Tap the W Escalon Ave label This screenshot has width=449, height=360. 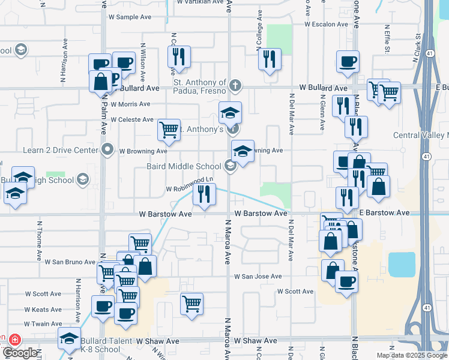click(326, 25)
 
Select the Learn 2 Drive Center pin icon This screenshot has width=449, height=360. click(108, 148)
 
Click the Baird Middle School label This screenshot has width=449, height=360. click(184, 166)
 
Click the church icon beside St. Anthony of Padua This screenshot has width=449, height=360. click(235, 85)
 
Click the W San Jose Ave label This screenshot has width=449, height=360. click(258, 277)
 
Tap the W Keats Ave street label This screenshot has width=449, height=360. click(43, 310)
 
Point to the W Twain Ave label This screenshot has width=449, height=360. click(43, 323)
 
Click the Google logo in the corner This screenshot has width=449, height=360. click(19, 353)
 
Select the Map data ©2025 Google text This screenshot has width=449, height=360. click(411, 355)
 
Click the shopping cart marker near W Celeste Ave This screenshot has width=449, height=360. click(169, 129)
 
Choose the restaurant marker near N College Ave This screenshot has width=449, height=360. click(269, 59)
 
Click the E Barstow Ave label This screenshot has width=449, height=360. click(384, 213)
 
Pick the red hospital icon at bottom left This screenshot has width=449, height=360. click(14, 340)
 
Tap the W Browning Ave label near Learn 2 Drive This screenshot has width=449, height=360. click(143, 151)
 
